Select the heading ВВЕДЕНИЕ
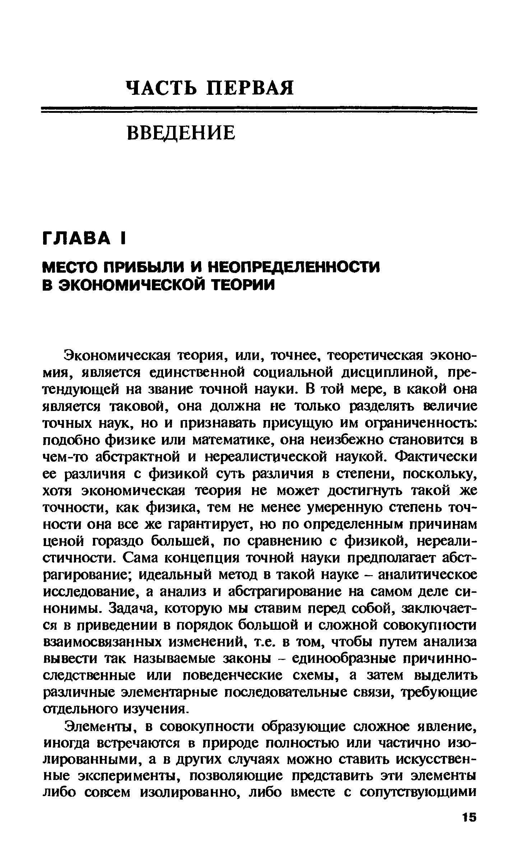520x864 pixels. click(x=181, y=133)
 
